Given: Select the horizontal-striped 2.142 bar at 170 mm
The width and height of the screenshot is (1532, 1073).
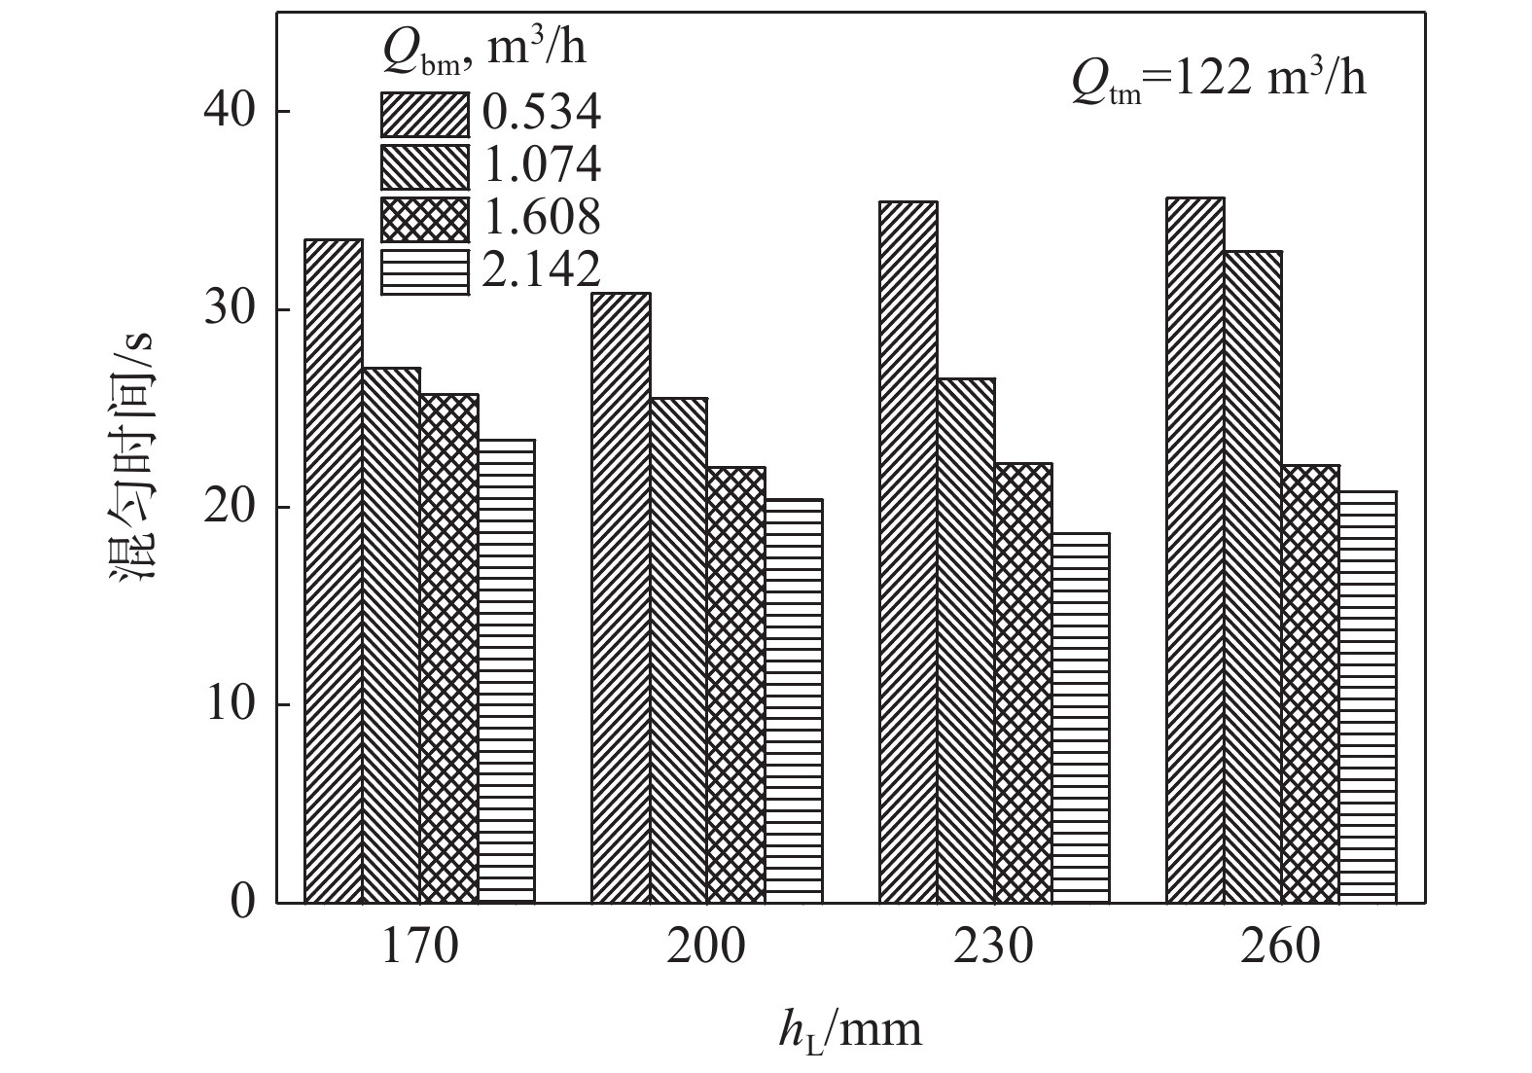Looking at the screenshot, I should pyautogui.click(x=507, y=671).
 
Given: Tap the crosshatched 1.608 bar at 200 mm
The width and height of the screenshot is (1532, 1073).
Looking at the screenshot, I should pyautogui.click(x=736, y=685).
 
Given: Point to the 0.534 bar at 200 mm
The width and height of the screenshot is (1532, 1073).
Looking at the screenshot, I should pyautogui.click(x=622, y=597).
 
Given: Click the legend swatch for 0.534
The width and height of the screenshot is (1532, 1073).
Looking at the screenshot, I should pyautogui.click(x=424, y=115).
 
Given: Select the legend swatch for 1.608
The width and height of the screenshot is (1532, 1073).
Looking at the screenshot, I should pyautogui.click(x=424, y=219).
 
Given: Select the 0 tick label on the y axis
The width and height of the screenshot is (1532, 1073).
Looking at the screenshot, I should pyautogui.click(x=241, y=902).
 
